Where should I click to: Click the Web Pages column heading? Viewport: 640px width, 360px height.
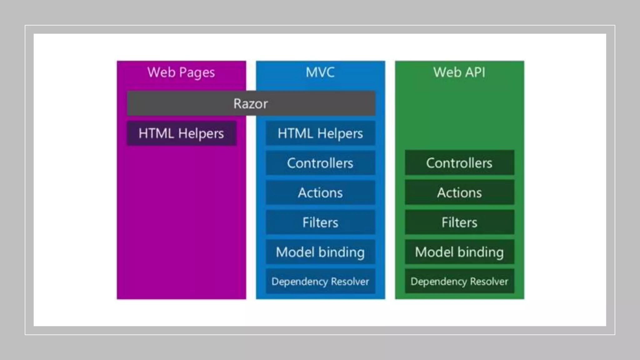pos(181,72)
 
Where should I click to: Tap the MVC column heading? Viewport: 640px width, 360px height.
pos(320,72)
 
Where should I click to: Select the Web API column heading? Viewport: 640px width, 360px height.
pos(459,72)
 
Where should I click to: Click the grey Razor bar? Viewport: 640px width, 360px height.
pos(251,104)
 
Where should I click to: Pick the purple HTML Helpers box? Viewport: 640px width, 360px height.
pos(182,133)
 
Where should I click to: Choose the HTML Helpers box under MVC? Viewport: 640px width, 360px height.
pos(320,133)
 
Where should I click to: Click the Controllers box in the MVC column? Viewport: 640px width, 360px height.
pos(320,163)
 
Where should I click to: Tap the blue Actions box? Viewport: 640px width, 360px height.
pos(320,193)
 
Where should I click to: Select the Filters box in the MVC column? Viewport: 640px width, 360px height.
pos(320,222)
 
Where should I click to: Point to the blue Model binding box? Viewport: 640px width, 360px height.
pos(320,252)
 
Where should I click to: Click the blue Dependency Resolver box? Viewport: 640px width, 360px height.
pos(320,282)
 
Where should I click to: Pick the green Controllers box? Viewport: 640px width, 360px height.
pos(459,163)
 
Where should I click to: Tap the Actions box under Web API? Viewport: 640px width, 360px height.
pos(459,193)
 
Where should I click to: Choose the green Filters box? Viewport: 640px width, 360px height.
pos(459,222)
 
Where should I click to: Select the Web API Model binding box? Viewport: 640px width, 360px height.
pos(459,252)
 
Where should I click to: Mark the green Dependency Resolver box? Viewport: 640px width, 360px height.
pos(459,282)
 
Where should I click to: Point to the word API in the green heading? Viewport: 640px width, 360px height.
pos(475,72)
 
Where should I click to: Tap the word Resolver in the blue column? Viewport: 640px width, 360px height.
pos(350,282)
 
